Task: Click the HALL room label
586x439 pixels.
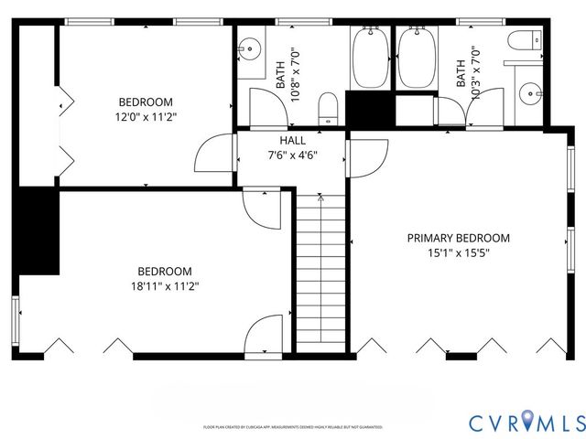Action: tap(293, 140)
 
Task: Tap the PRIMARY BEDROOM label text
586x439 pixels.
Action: tap(458, 238)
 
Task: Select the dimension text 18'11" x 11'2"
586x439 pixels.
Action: tap(165, 286)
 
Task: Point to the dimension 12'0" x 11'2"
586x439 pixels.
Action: tap(145, 117)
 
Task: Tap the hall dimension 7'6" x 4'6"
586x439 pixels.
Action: tap(293, 155)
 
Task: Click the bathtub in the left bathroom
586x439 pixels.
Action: tap(371, 59)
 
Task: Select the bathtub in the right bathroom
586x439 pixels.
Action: tap(416, 59)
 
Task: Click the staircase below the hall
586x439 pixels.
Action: tap(320, 274)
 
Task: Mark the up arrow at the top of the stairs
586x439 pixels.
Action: tap(320, 198)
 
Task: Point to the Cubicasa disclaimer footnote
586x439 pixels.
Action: tap(292, 427)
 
